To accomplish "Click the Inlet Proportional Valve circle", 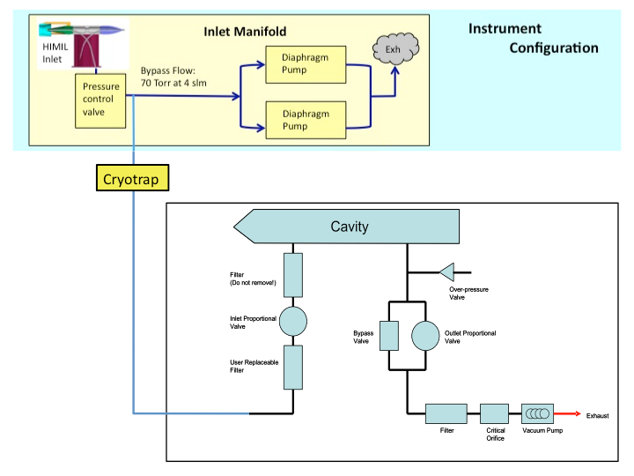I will coord(292,323).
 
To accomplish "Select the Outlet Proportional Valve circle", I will coord(426,336).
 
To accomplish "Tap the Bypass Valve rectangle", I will coord(389,336).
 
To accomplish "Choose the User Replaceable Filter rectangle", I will coord(292,367).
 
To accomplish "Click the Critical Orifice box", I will coord(494,413).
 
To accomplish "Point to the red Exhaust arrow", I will coord(567,413).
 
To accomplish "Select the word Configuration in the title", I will coord(553,48).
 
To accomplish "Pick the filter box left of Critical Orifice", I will coord(446,413).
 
